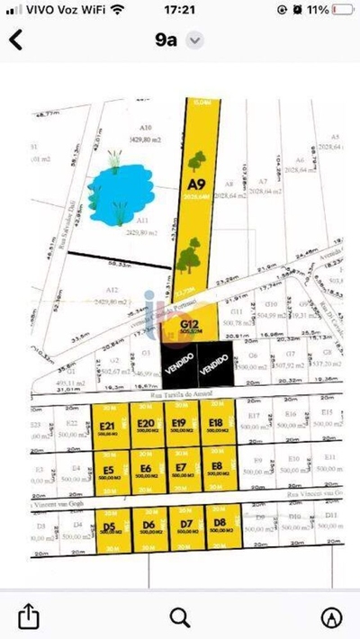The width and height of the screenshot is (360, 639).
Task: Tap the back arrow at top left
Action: [x=15, y=40]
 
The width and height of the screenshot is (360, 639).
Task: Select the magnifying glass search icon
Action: [x=180, y=616]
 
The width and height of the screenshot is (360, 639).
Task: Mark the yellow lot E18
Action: [x=216, y=427]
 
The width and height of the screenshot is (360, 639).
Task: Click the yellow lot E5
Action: [x=110, y=472]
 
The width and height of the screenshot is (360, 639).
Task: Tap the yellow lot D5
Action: [x=111, y=528]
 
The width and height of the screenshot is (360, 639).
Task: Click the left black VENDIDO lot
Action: [x=178, y=367]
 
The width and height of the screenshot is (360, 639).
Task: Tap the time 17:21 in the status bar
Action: [x=180, y=9]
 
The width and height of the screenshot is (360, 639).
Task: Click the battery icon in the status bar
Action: [x=341, y=9]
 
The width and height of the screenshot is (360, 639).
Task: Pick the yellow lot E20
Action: [x=144, y=427]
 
